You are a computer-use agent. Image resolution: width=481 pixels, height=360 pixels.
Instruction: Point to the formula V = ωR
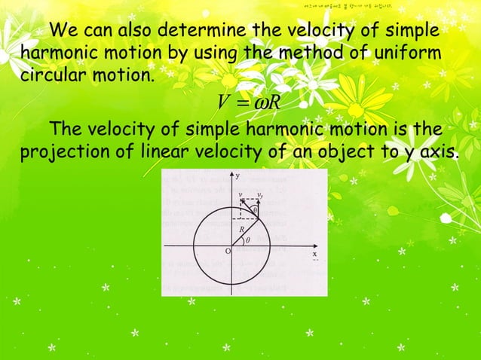pyautogui.click(x=248, y=102)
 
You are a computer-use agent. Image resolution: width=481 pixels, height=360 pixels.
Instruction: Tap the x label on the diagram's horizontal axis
pyautogui.click(x=314, y=255)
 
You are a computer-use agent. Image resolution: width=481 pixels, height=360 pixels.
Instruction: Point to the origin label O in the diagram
pyautogui.click(x=228, y=251)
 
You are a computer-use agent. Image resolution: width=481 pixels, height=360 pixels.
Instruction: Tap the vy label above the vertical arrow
pyautogui.click(x=259, y=194)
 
